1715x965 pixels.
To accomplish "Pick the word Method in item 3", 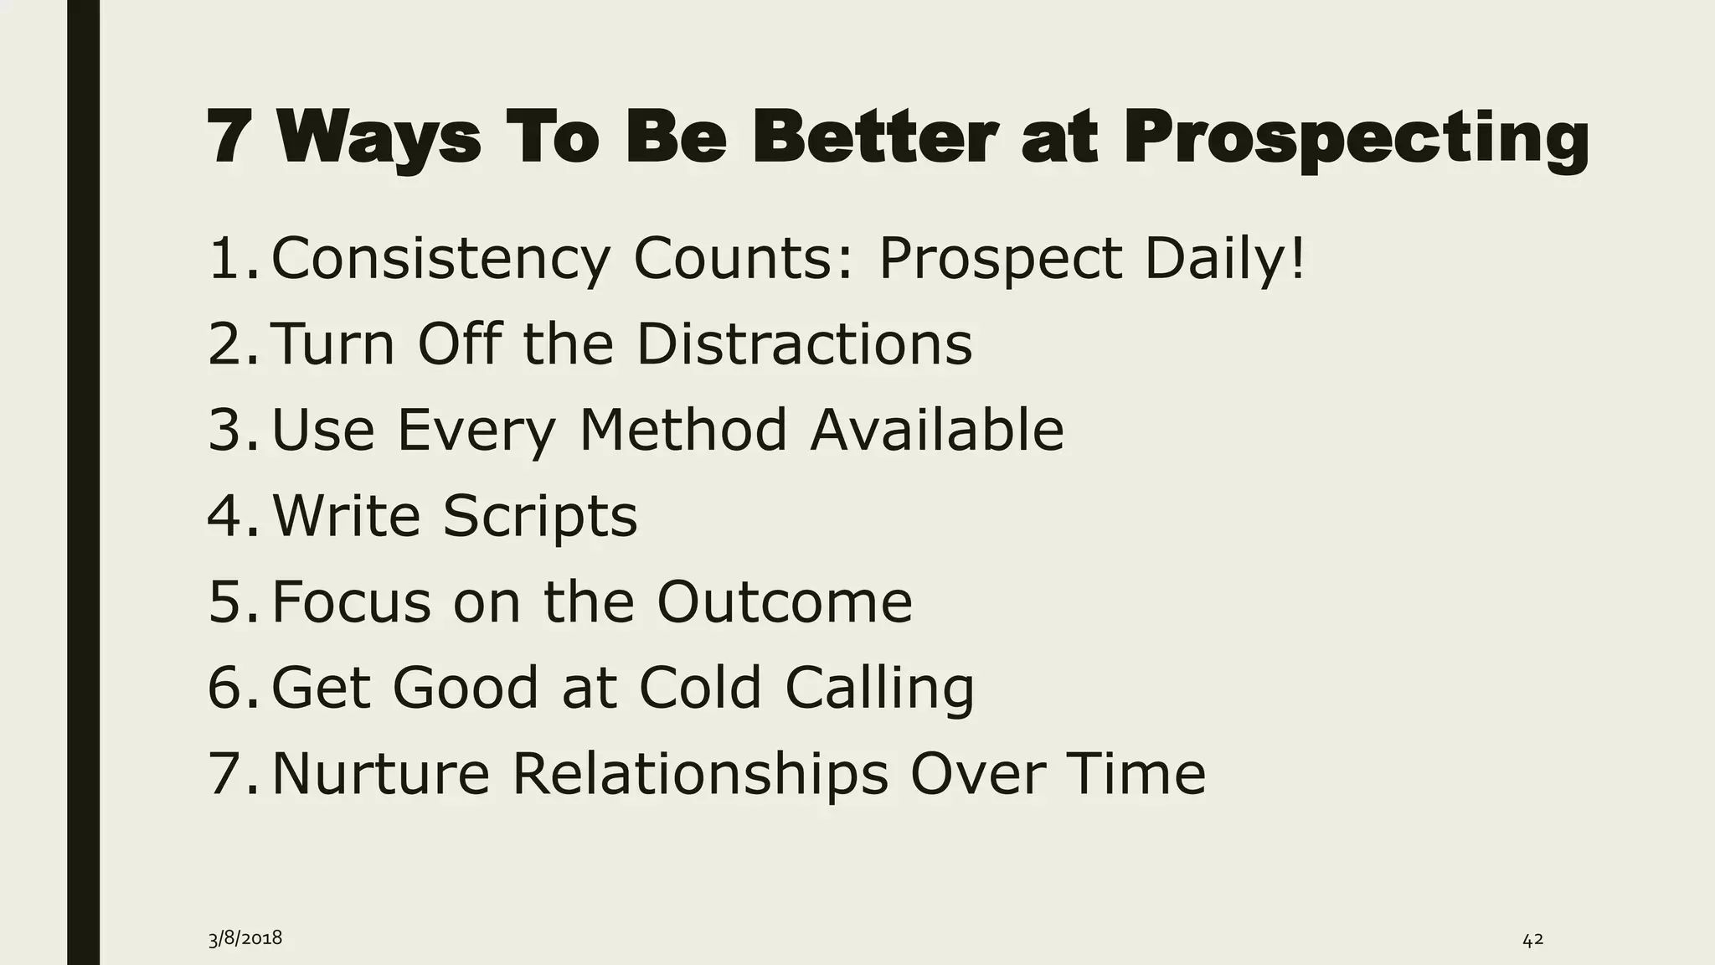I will pos(683,430).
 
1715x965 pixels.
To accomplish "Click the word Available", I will pos(936,430).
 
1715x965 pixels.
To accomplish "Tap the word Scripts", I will pos(539,516).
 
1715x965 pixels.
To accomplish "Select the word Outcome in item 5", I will pos(784,601).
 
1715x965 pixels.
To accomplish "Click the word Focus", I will pos(351,601).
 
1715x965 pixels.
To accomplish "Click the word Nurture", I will pos(380,773).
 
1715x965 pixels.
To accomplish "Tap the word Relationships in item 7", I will pos(700,773).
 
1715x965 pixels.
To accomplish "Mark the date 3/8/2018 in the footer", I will pos(245,939).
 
